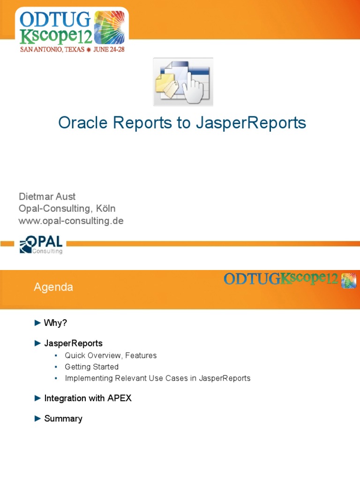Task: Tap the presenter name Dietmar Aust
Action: [47, 196]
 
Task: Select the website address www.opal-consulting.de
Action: [71, 221]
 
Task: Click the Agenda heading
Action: [53, 287]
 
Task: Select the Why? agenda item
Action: [56, 323]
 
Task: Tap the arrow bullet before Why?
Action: [38, 323]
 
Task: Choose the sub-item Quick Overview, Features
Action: [111, 356]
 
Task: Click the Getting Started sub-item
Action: [91, 367]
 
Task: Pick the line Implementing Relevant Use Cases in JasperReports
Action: [157, 378]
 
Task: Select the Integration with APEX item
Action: [88, 398]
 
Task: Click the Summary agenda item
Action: [63, 419]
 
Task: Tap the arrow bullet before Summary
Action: [38, 419]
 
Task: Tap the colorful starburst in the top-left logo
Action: [110, 27]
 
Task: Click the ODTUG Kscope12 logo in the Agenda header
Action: [289, 279]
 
